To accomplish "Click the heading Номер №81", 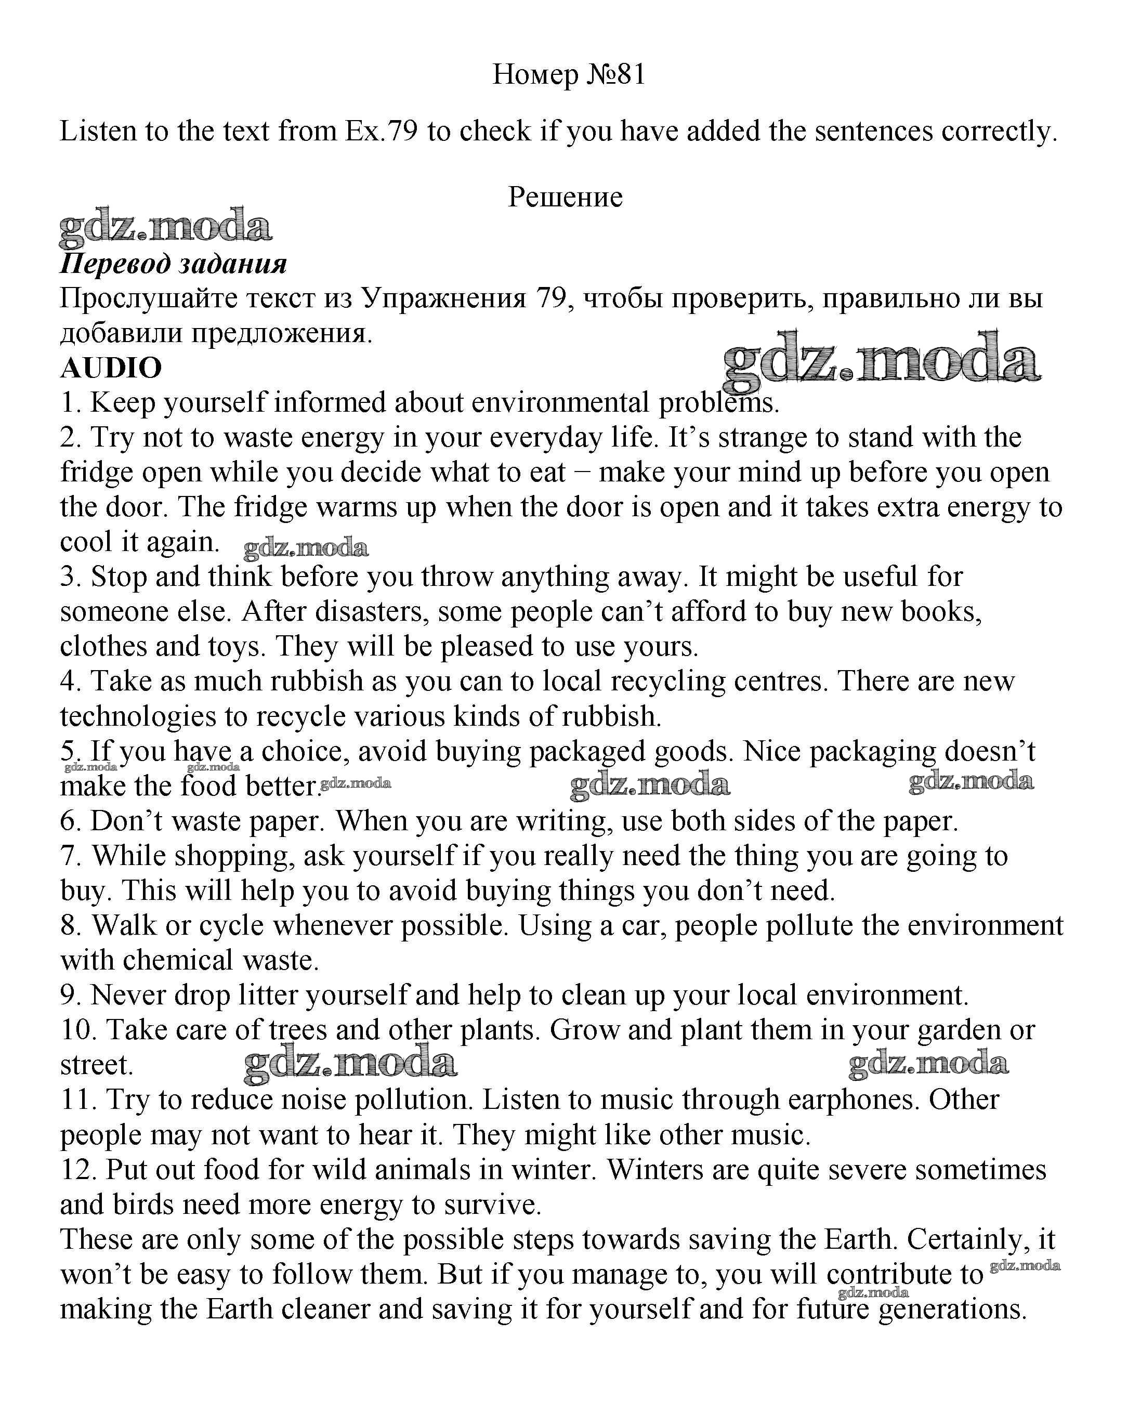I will coord(569,75).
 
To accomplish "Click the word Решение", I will coord(565,197).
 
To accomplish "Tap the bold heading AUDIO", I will coord(111,368).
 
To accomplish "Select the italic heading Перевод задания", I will coord(173,264).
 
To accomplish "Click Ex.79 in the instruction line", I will coord(381,131).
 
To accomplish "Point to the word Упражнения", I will coord(444,299).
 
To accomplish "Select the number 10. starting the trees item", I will coord(78,1030).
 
